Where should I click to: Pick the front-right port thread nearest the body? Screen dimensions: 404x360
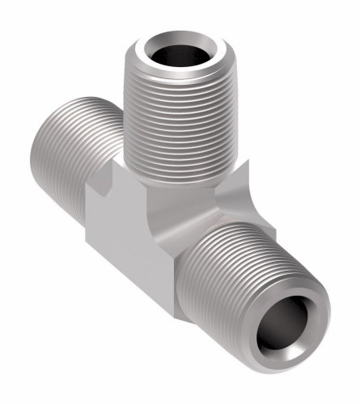[198, 242]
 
